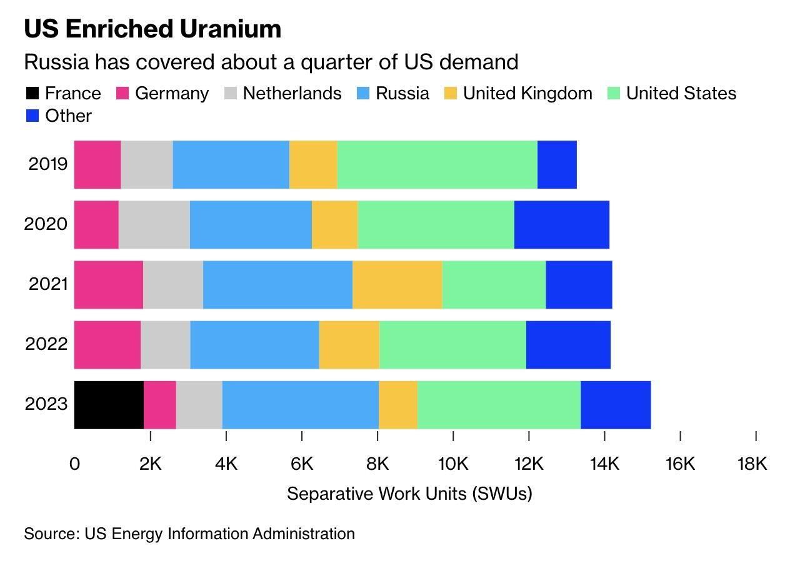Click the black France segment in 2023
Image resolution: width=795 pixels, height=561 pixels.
109,405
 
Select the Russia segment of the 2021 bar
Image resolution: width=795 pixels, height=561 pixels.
277,285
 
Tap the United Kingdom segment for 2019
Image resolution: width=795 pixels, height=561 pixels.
313,165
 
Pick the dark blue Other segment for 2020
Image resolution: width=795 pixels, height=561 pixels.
561,225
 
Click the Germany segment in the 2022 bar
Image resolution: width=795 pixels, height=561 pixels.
107,345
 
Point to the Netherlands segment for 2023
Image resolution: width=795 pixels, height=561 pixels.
199,405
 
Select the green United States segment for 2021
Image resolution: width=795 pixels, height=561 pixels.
494,285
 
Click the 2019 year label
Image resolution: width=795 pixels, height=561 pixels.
47,164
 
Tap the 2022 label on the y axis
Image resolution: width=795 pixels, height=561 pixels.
46,344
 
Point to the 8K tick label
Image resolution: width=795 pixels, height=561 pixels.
377,464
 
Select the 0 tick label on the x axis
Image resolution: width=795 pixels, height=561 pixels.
75,464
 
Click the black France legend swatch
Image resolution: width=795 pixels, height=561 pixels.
32,94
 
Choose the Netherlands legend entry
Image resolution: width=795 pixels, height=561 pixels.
291,94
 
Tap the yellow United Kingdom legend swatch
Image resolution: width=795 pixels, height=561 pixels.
451,94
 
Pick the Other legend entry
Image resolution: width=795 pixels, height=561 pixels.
68,116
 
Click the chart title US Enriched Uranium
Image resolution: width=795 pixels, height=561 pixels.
152,29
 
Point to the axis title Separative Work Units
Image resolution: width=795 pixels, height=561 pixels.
409,494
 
